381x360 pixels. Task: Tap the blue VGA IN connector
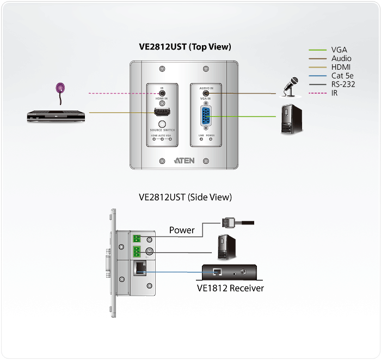[x=206, y=116]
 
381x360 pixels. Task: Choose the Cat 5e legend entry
[x=343, y=76]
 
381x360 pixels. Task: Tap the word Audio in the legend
[x=341, y=58]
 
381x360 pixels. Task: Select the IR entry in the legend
[x=335, y=93]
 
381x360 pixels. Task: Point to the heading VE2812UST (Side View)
[x=186, y=197]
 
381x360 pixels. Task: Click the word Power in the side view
[x=181, y=230]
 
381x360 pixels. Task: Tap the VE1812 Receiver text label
[x=230, y=288]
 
